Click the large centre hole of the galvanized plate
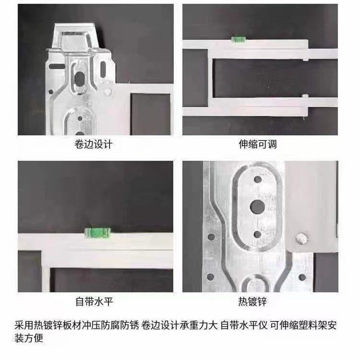[257, 207]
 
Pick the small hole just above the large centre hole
[257, 180]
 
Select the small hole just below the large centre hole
[257, 234]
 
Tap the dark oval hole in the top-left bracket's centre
[80, 79]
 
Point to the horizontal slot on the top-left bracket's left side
[54, 67]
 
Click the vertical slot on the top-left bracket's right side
[103, 69]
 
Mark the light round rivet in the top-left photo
[107, 92]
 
